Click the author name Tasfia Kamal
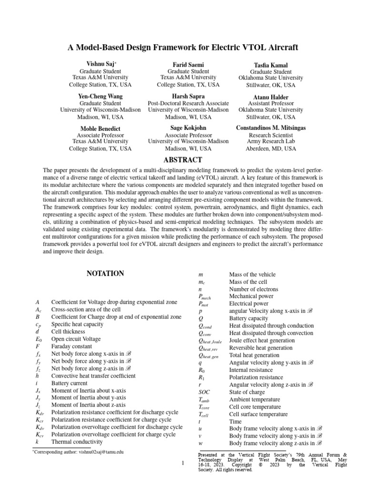271,65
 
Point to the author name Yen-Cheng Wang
100,96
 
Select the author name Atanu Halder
271,97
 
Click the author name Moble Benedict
100,128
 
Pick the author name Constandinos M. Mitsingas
271,128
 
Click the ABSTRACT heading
183,160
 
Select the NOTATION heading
105,273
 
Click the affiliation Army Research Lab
271,141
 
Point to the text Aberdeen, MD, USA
271,148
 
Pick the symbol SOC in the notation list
204,392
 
